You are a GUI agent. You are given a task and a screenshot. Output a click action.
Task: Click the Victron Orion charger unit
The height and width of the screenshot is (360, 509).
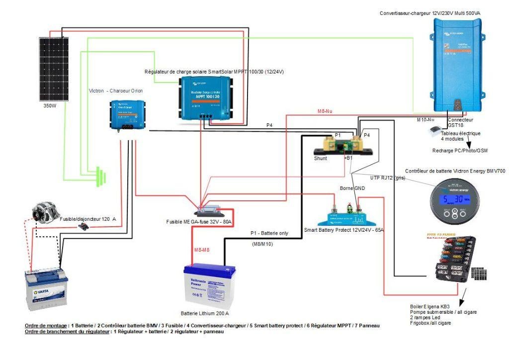tap(128, 114)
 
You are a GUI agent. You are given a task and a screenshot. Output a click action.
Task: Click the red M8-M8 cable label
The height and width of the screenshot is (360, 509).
tap(204, 250)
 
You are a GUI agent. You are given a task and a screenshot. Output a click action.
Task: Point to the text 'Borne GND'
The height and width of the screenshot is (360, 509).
tap(352, 188)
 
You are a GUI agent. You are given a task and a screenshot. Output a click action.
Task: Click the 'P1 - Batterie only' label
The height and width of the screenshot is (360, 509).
tap(272, 234)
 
